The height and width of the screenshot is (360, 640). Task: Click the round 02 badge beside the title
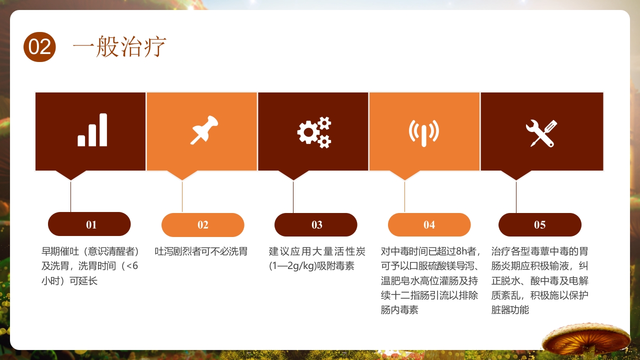39,46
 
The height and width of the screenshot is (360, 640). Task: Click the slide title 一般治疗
119,47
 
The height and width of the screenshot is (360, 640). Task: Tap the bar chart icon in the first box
92,130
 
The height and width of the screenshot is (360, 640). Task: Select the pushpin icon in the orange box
204,130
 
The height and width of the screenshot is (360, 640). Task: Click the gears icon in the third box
314,132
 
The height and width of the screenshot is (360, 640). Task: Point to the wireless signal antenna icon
423,132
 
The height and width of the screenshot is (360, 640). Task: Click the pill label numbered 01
89,224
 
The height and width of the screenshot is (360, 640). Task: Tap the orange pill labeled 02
202,224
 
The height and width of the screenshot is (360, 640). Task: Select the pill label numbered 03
316,224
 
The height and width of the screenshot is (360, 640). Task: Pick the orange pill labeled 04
429,224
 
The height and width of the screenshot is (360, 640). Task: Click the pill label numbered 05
539,224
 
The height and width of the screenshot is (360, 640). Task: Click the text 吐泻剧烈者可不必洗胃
201,251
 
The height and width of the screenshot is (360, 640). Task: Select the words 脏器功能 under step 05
510,310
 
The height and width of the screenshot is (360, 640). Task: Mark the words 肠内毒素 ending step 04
399,310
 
